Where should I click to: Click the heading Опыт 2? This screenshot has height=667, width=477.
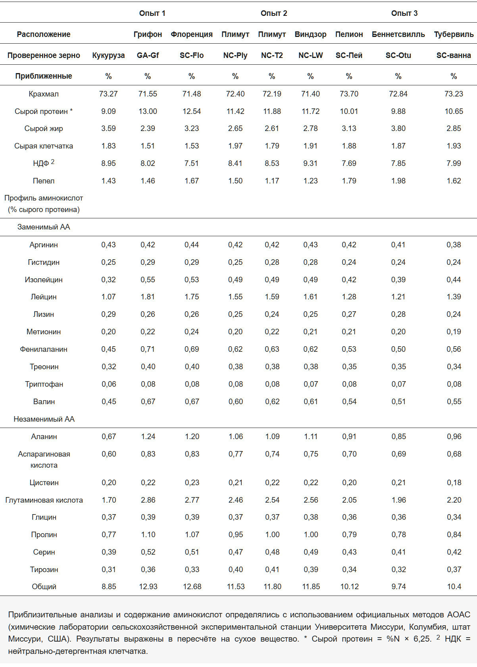pos(273,13)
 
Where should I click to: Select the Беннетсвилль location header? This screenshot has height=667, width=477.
pos(398,34)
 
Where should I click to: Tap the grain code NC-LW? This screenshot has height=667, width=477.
pos(310,55)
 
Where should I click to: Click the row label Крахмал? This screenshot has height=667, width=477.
pos(44,94)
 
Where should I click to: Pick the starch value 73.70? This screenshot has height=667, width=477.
pos(349,94)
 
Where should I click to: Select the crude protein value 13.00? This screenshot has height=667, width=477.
pos(148,111)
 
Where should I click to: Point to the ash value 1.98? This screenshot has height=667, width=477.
pos(398,181)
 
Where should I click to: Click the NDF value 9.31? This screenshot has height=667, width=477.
pos(310,163)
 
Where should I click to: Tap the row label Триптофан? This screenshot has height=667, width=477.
pos(44,384)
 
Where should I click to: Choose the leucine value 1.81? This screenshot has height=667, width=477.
pos(148,297)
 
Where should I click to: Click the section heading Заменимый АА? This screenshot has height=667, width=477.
pos(44,227)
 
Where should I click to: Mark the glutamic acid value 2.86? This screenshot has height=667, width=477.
pos(148,500)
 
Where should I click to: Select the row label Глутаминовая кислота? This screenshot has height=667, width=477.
pos(44,500)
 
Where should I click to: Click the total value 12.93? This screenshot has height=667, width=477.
pos(148,586)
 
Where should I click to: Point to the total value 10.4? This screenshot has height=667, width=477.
pos(454,586)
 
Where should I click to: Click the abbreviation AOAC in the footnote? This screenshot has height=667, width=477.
pos(458,615)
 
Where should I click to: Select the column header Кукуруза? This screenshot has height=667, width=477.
pos(108,55)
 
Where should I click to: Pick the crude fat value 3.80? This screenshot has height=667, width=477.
pos(398,128)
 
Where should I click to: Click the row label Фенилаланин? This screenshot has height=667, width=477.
pos(44,349)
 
